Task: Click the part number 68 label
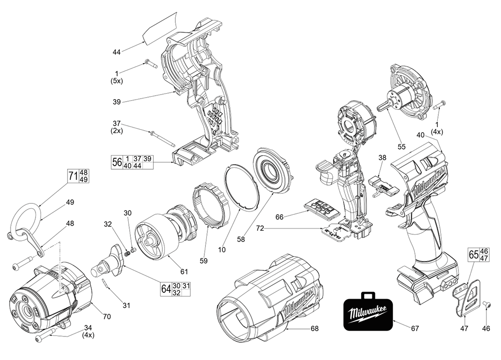315,328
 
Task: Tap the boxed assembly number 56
117,162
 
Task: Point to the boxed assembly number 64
166,289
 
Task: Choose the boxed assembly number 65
473,254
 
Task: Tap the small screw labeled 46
487,303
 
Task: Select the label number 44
117,52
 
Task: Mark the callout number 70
106,316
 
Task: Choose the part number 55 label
401,147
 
